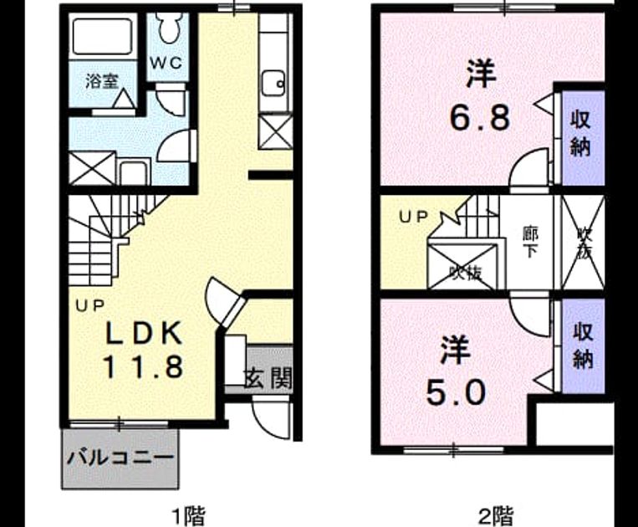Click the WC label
coord(166,63)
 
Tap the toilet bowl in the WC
coord(167,27)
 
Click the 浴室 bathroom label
coord(102,81)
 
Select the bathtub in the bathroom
coord(103,36)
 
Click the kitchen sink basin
coord(273,84)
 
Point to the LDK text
coord(144,333)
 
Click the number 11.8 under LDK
coord(143,366)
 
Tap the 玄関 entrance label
coord(268,379)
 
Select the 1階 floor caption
coord(189,515)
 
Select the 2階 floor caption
coord(496,515)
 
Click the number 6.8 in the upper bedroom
coord(480,118)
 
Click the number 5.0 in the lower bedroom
coord(456,392)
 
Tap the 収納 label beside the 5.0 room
coord(583,346)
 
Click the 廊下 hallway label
coord(530,243)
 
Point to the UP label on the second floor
coord(413,217)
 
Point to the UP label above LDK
coord(90,305)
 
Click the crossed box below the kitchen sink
coord(276,132)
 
